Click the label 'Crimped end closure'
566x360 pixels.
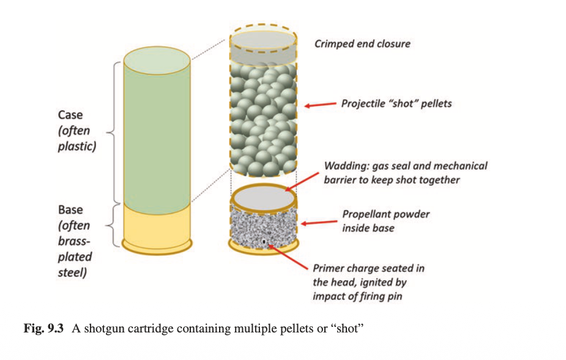point(362,44)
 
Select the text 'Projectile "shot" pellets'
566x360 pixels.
point(396,103)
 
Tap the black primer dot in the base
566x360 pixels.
point(264,242)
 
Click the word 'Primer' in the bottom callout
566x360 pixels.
point(329,268)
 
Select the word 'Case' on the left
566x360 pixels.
point(70,115)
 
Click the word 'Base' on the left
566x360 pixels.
point(70,210)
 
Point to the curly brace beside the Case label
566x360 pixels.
point(112,131)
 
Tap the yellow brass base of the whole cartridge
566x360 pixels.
point(157,227)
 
